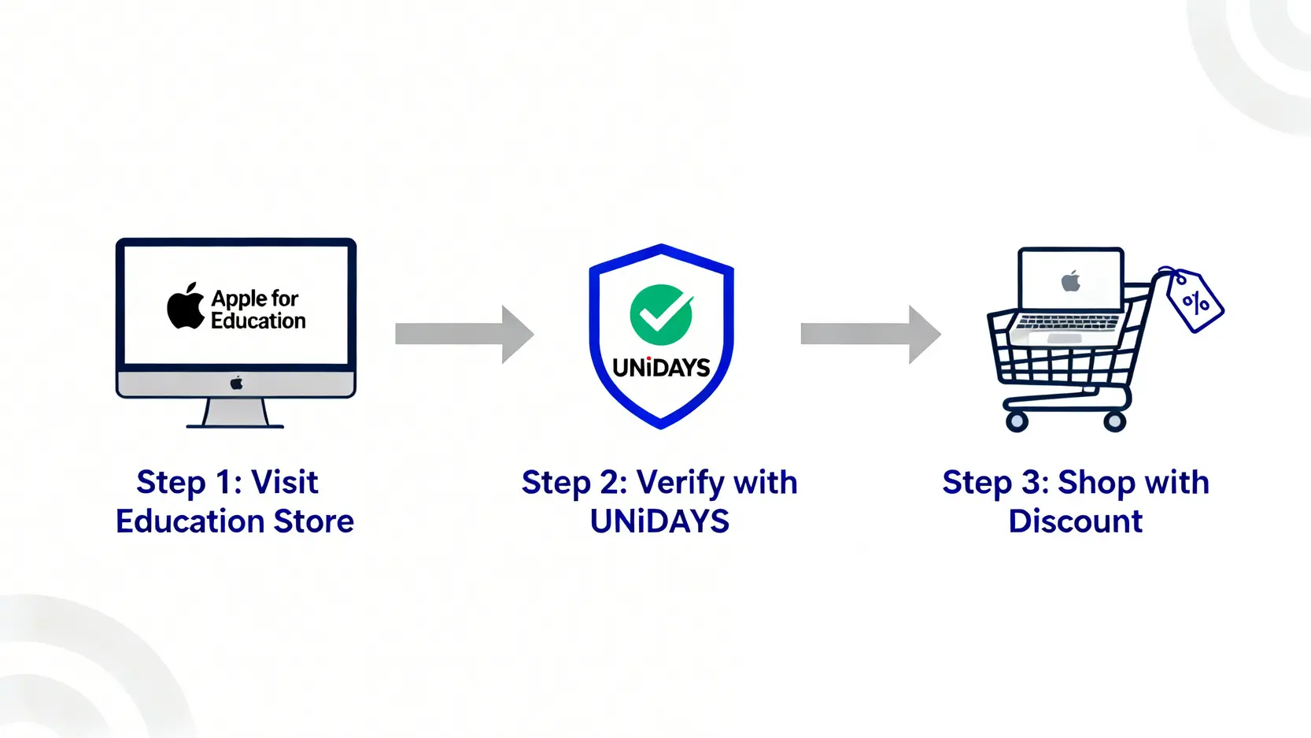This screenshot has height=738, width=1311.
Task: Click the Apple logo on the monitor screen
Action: point(186,306)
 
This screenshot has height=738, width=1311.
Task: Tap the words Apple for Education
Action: point(258,310)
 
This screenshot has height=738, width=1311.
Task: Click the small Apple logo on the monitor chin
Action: point(236,384)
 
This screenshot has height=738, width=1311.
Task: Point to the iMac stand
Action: point(235,413)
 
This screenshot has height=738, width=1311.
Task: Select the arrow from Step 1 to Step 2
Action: point(464,334)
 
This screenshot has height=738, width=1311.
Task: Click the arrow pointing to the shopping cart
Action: point(870,334)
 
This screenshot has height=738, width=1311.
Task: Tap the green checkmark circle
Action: point(661,314)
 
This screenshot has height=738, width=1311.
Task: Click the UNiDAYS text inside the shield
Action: point(661,368)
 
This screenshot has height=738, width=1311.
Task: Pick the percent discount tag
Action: point(1195,302)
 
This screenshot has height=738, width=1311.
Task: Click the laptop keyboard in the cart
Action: point(1067,323)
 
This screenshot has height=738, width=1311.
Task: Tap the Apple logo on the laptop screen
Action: point(1071,281)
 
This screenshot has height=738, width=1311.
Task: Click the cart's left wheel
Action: point(1017,422)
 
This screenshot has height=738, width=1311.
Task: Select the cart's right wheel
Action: point(1114,422)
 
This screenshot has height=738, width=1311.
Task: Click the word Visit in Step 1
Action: point(284,482)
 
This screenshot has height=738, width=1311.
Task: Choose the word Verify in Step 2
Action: point(680,483)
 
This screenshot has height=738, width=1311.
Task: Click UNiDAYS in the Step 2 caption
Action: point(659,521)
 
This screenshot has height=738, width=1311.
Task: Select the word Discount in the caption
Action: point(1075,521)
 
